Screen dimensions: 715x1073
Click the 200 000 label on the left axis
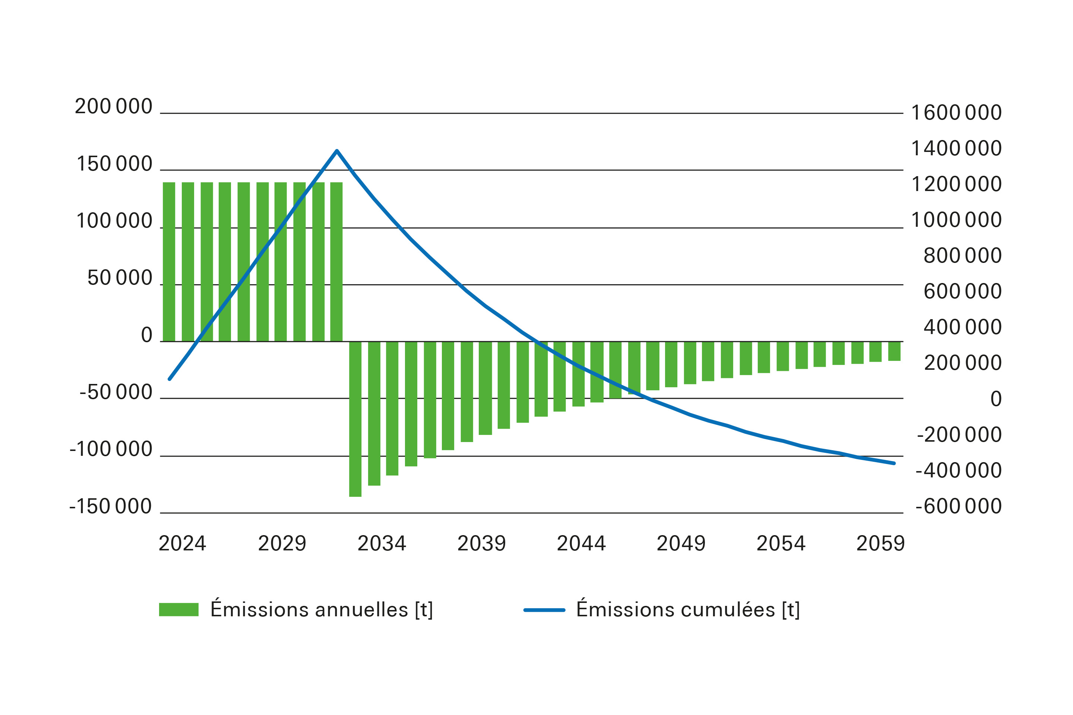(x=113, y=107)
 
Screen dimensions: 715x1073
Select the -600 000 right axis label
(x=959, y=506)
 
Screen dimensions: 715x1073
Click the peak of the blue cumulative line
(x=337, y=150)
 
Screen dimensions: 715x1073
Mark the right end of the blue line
(x=894, y=463)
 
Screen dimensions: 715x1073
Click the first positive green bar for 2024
(x=169, y=262)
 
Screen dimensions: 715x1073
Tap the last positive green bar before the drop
(x=336, y=262)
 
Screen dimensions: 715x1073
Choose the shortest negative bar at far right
(x=894, y=351)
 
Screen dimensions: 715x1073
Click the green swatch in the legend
(x=178, y=610)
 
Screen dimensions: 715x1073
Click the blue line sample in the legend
(x=544, y=610)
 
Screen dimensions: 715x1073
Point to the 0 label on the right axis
(x=996, y=399)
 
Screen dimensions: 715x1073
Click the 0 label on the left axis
(x=146, y=335)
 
